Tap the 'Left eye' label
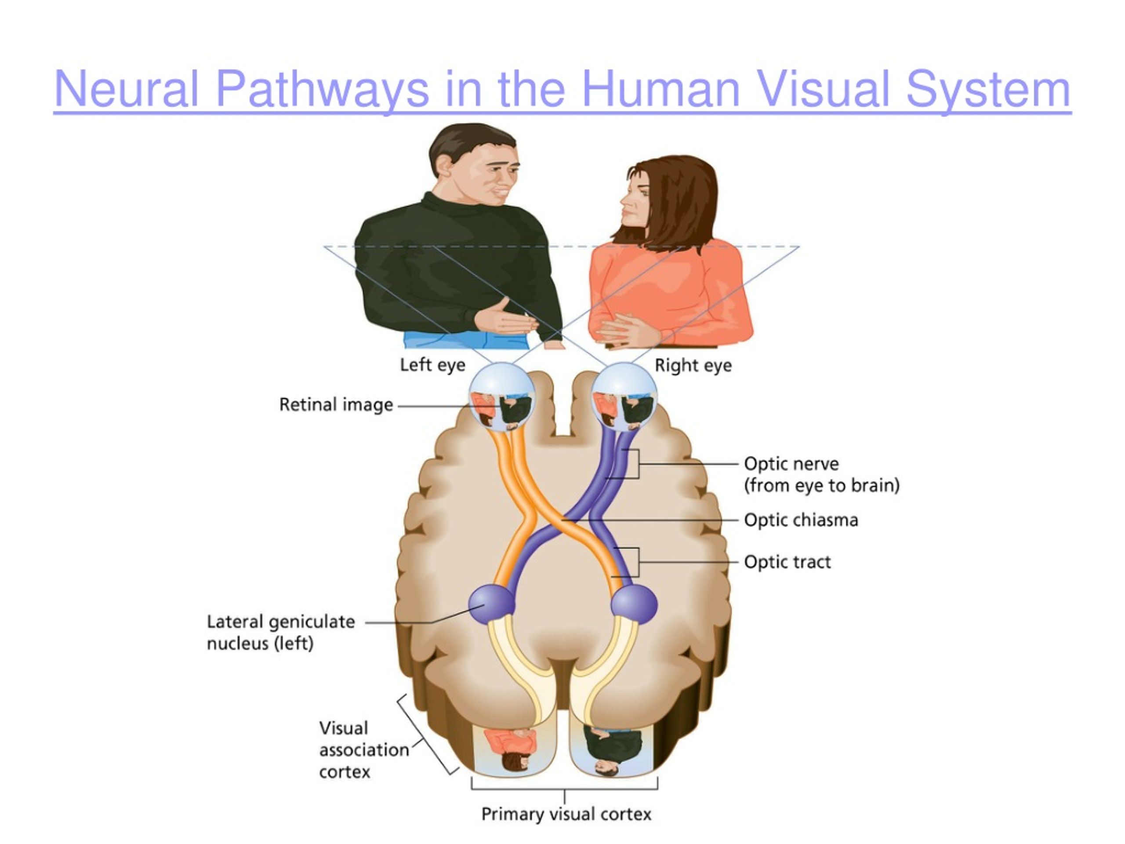pos(432,365)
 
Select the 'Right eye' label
pos(693,365)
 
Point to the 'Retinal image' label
pos(336,405)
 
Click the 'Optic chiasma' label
pos(801,520)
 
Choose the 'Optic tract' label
pos(787,562)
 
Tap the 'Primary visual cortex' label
pos(566,815)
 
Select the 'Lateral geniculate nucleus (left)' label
pos(281,633)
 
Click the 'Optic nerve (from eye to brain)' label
pos(822,475)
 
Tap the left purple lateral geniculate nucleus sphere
pos(491,604)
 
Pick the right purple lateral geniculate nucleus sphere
pos(634,604)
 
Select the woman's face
pos(635,196)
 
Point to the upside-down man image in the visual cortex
pos(612,750)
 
